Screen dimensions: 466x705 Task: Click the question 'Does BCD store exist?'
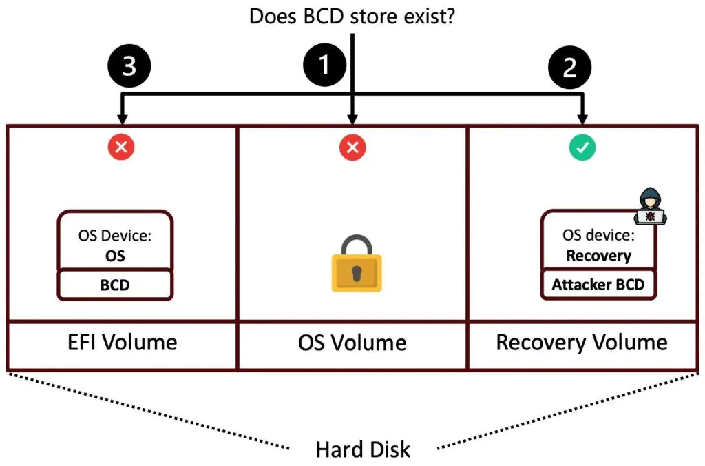tap(352, 16)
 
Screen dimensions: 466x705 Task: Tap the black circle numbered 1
tap(326, 68)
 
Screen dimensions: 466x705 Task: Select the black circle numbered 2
tap(570, 68)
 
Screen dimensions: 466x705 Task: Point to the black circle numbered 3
tap(128, 68)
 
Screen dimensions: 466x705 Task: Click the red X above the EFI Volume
tap(121, 146)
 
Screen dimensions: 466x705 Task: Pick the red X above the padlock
tap(352, 147)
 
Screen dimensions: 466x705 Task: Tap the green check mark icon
tap(582, 147)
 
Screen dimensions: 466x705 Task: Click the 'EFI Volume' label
tap(121, 342)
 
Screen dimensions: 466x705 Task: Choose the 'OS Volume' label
tap(352, 343)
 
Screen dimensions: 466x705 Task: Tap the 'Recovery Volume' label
tap(582, 343)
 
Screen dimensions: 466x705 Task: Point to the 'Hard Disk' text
tap(363, 450)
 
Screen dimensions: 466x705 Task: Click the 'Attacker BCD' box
tap(598, 285)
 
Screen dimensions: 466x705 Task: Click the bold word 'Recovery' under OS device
tap(598, 256)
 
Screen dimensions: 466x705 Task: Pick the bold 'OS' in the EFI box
tap(115, 255)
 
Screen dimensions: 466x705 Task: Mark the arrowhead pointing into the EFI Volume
tap(122, 118)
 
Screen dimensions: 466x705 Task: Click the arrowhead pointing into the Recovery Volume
tap(583, 118)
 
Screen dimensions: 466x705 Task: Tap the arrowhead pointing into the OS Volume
tap(352, 118)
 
